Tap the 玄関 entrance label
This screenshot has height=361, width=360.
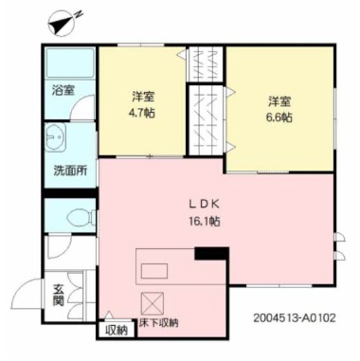[58, 294]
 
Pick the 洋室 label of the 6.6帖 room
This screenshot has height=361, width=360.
[279, 101]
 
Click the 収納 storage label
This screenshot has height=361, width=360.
[116, 331]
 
